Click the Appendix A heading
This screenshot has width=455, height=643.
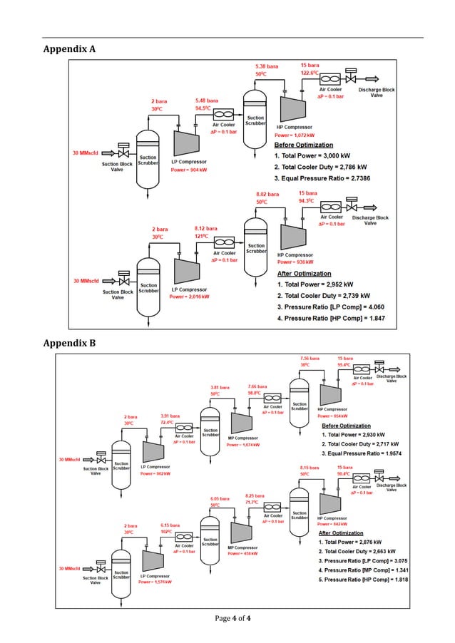click(69, 49)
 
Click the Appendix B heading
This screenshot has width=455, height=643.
click(69, 344)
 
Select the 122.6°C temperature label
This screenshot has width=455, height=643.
click(314, 73)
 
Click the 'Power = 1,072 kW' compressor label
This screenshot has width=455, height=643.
click(295, 134)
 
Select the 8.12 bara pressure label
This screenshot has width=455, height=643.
click(206, 229)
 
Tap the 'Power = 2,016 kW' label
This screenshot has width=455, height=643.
click(189, 297)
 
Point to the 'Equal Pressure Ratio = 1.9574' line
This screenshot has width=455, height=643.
click(358, 453)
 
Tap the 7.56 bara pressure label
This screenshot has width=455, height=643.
click(310, 358)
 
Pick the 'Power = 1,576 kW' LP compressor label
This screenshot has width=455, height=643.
click(155, 582)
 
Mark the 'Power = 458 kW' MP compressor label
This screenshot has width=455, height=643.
click(242, 552)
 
